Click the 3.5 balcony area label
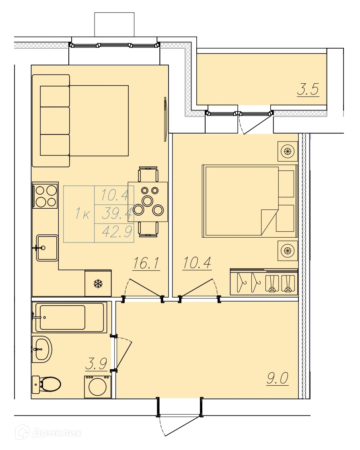coord(308,90)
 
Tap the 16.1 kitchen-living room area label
coord(146,263)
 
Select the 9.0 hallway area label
coord(277,378)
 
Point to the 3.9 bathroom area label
coord(96,364)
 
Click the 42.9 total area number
coord(117,232)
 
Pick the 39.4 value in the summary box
coord(117,213)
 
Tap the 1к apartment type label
coord(83,214)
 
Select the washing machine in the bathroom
coord(98,386)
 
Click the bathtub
coord(69,317)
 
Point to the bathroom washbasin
coord(42,349)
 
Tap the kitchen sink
coord(47,248)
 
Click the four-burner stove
coord(45,195)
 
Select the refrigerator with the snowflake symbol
coord(98,284)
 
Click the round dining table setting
coord(148,202)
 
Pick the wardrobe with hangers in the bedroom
coord(264,282)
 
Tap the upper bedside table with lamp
coord(287,151)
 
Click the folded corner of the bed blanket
coord(269,222)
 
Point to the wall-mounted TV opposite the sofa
coord(165,119)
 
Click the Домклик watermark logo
coord(49,432)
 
